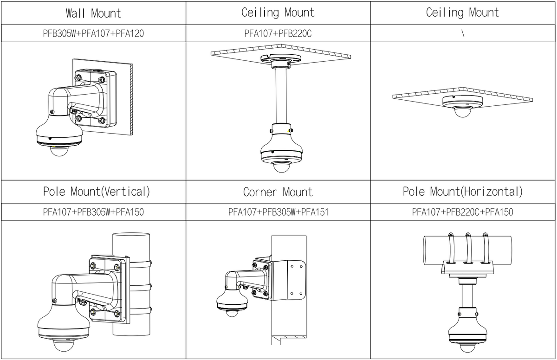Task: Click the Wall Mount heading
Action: tap(93, 13)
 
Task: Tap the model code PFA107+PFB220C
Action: tap(278, 33)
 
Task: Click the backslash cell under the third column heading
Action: tap(463, 33)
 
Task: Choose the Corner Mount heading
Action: tap(278, 192)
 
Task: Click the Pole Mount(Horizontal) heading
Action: tap(462, 191)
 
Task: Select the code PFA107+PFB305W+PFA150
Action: tap(93, 212)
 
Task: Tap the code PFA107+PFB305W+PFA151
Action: tap(278, 212)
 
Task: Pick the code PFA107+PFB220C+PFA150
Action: tap(463, 212)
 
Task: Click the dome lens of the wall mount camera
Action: tap(59, 149)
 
